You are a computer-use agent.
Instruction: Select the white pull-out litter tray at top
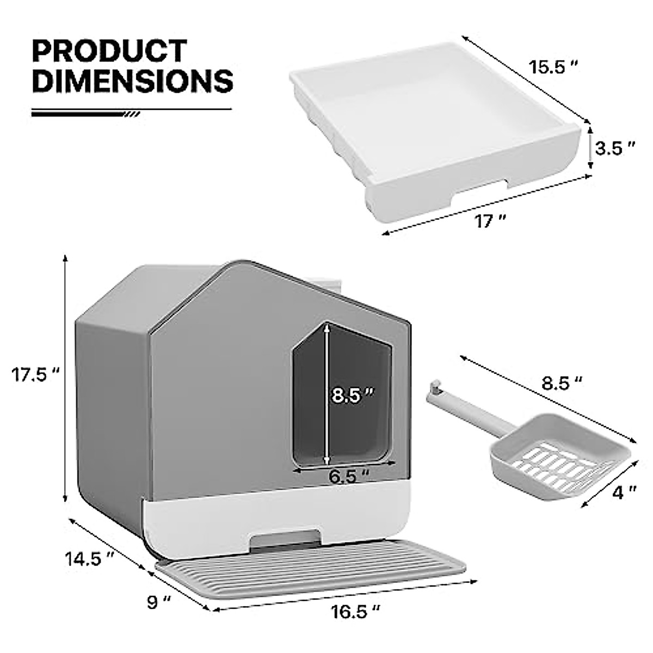tap(435, 125)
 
